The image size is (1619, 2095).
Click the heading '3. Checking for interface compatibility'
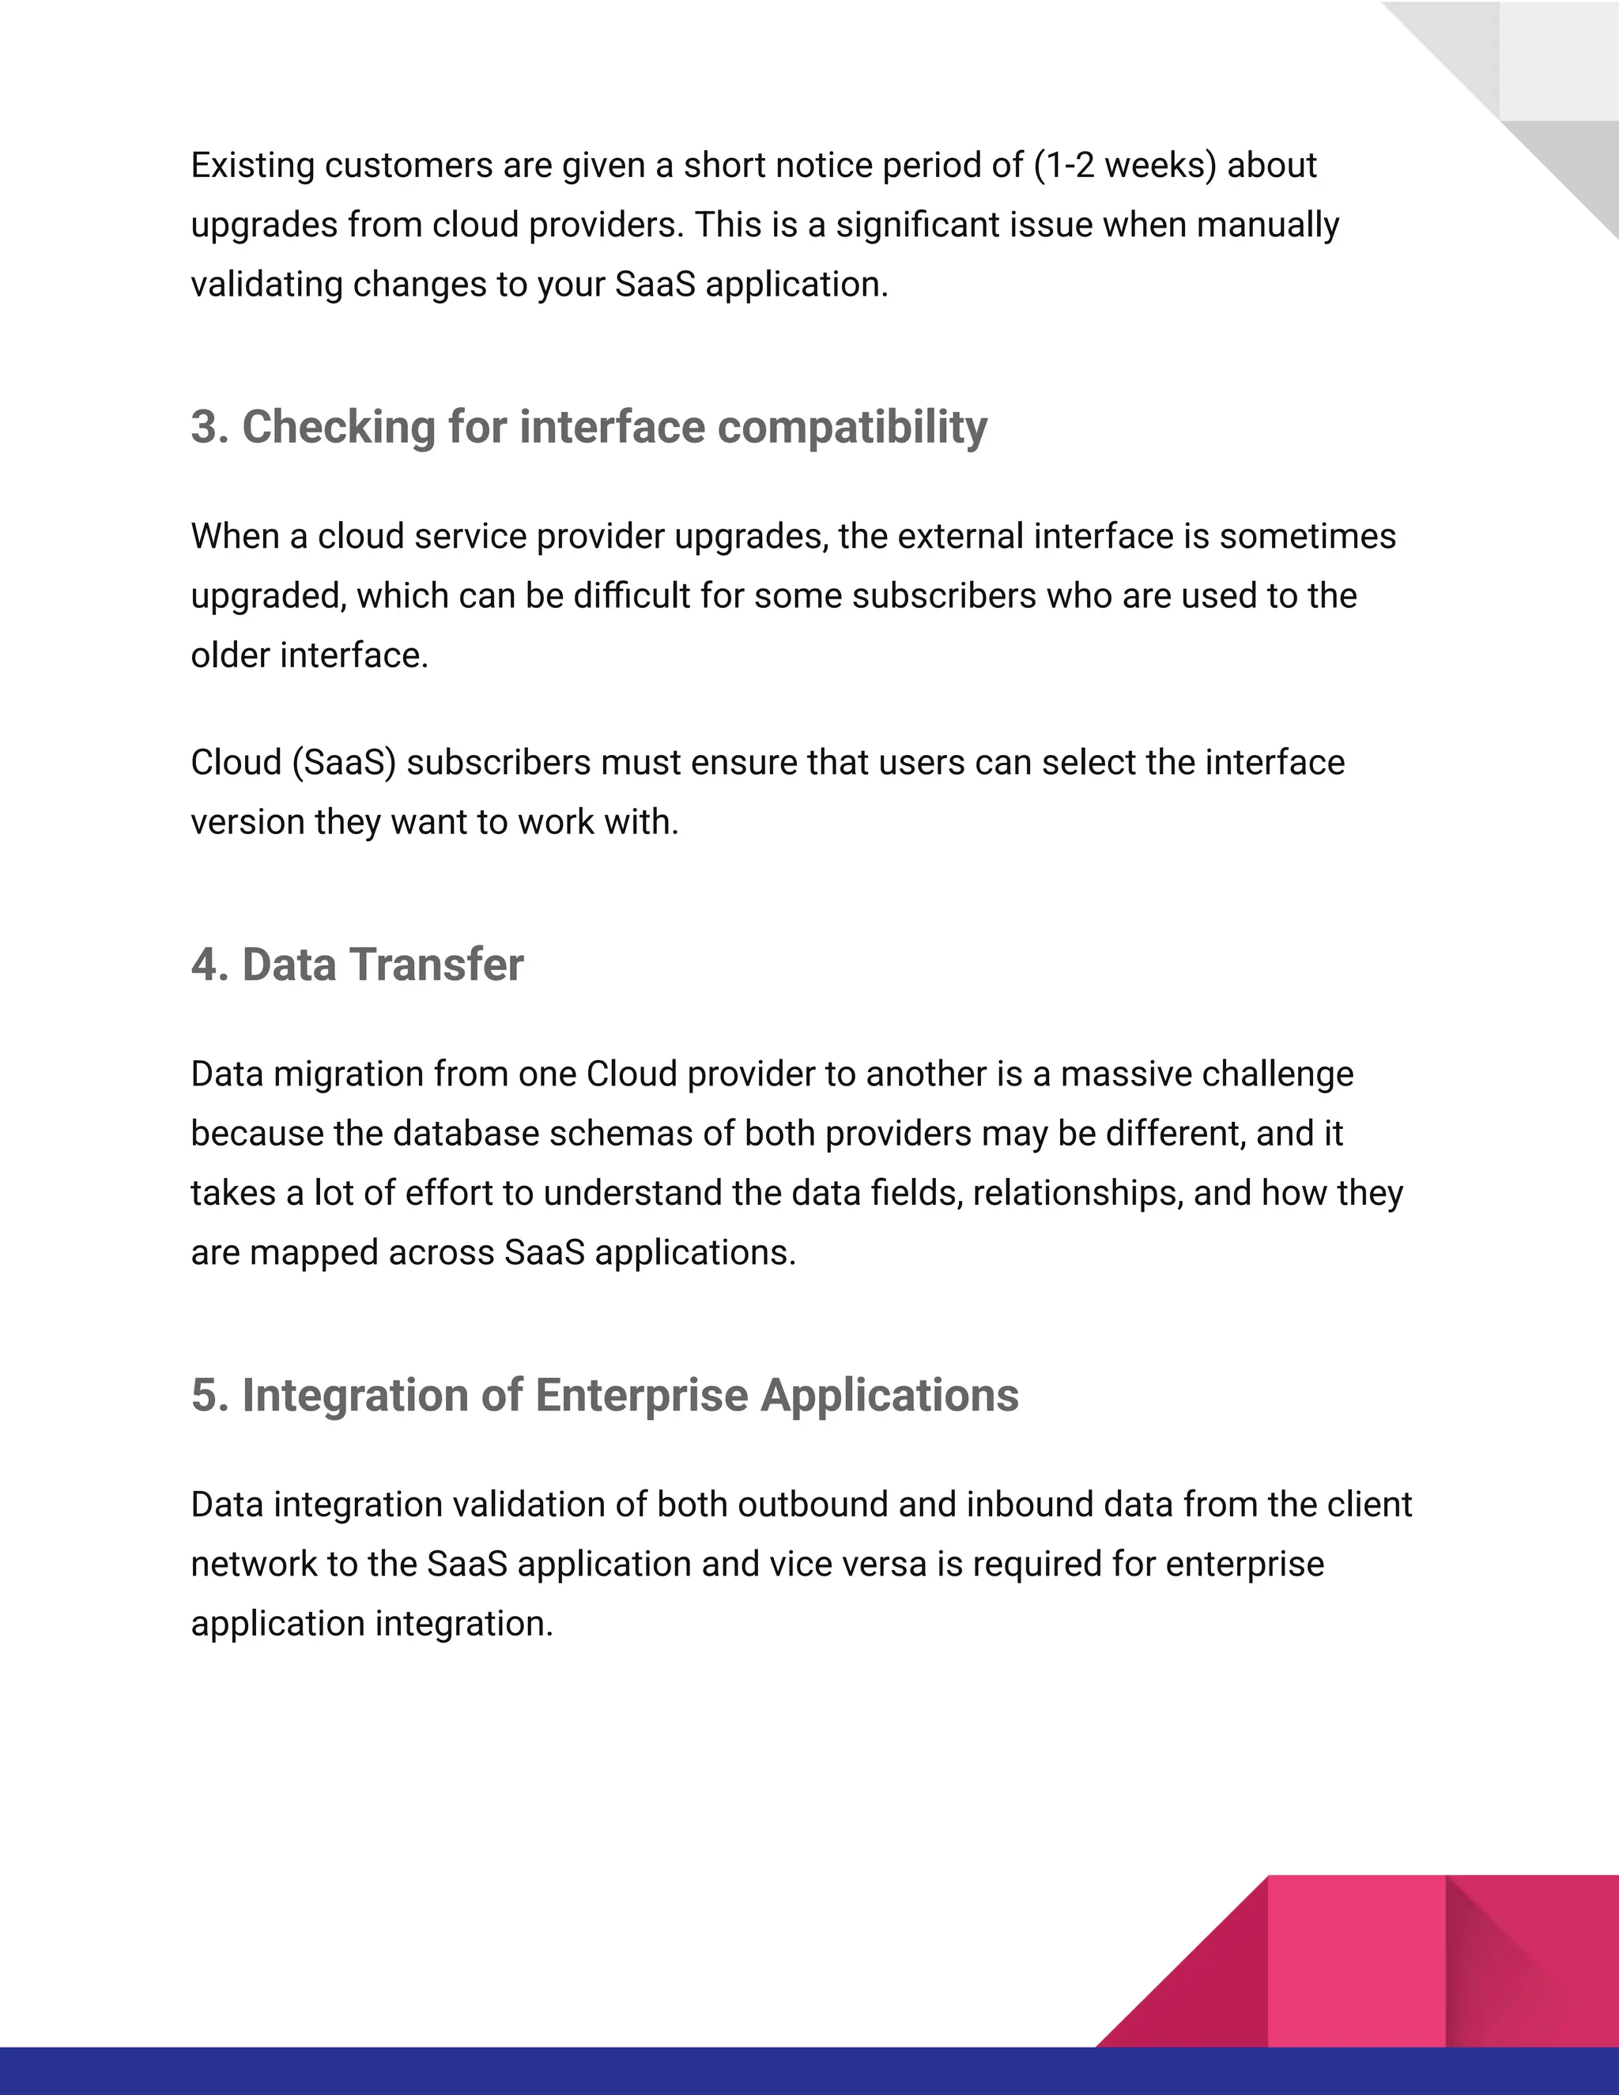click(x=588, y=427)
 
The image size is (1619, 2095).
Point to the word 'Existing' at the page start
click(x=252, y=166)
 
